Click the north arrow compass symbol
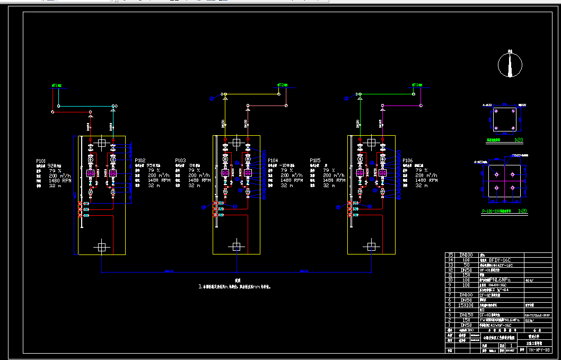pyautogui.click(x=510, y=65)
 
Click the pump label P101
pyautogui.click(x=41, y=160)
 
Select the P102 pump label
pyautogui.click(x=140, y=160)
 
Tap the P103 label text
pyautogui.click(x=181, y=160)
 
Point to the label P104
pyautogui.click(x=273, y=160)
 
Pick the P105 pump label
pyautogui.click(x=315, y=160)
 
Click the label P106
pyautogui.click(x=408, y=160)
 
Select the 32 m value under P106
pyautogui.click(x=422, y=186)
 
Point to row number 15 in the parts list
pyautogui.click(x=451, y=255)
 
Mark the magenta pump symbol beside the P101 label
pyautogui.click(x=90, y=173)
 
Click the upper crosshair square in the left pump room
pyautogui.click(x=101, y=142)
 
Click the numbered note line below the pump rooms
pyautogui.click(x=236, y=287)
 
